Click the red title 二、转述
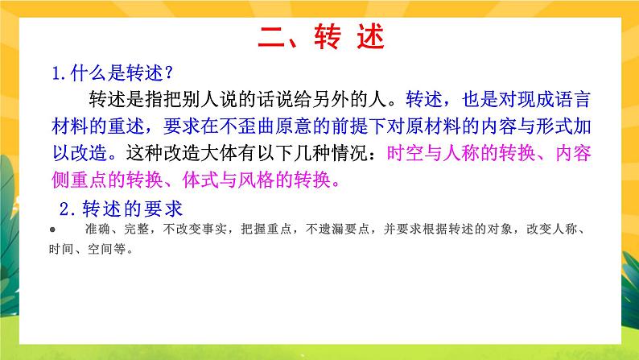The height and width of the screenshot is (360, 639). point(320,36)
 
